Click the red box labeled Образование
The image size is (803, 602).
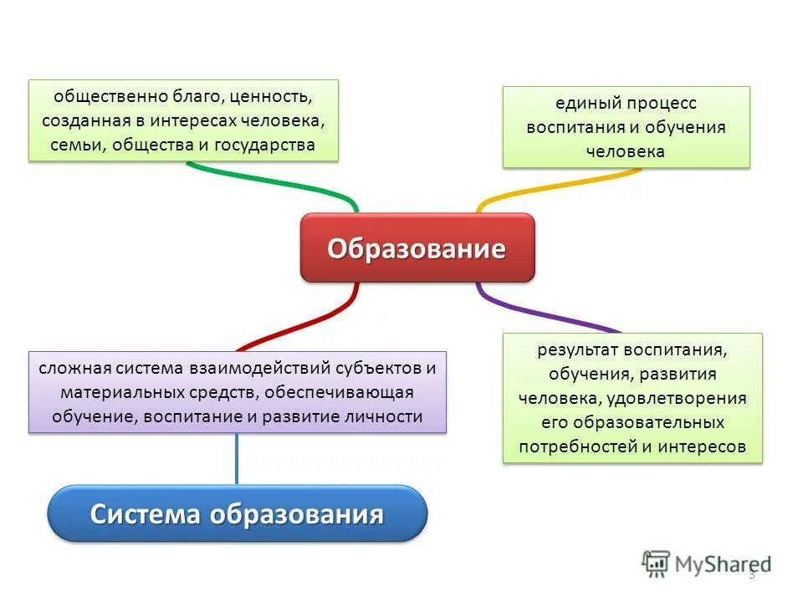(417, 248)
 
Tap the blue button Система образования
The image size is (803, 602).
(237, 513)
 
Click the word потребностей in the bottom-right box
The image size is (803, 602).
(576, 446)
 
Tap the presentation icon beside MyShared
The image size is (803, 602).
(657, 563)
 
